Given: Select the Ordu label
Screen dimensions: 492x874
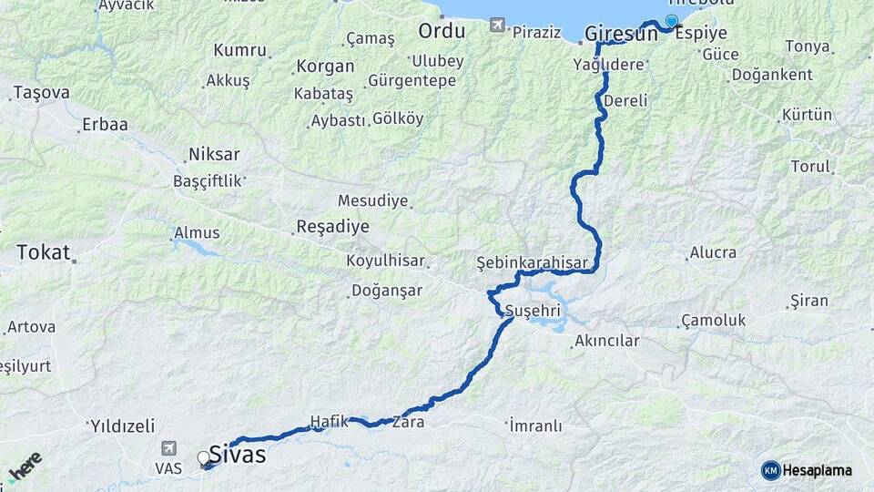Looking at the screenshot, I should (442, 31).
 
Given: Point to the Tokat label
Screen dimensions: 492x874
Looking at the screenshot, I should (43, 252).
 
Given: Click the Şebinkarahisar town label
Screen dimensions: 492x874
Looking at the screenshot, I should (533, 262).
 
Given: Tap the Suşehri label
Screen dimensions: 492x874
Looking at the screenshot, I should (534, 307).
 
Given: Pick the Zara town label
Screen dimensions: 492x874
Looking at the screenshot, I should (408, 423).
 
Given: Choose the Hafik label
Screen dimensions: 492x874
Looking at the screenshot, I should (330, 421).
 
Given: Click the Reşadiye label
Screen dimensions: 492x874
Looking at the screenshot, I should (332, 227).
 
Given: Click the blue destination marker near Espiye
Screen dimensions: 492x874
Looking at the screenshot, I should (672, 21).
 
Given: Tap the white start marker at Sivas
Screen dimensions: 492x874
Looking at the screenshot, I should (203, 457).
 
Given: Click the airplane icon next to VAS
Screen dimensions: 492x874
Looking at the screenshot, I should (168, 448).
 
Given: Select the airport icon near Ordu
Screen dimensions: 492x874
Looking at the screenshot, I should (496, 25).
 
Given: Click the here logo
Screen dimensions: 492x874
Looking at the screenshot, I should (25, 466).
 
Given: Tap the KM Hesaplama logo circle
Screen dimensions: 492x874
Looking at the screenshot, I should (770, 470).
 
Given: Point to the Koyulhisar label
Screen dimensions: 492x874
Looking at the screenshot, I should (385, 261).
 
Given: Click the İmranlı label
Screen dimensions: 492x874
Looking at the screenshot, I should (535, 425).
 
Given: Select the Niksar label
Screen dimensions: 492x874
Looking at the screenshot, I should (213, 153).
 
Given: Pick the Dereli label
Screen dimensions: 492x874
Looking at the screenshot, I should (625, 99).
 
